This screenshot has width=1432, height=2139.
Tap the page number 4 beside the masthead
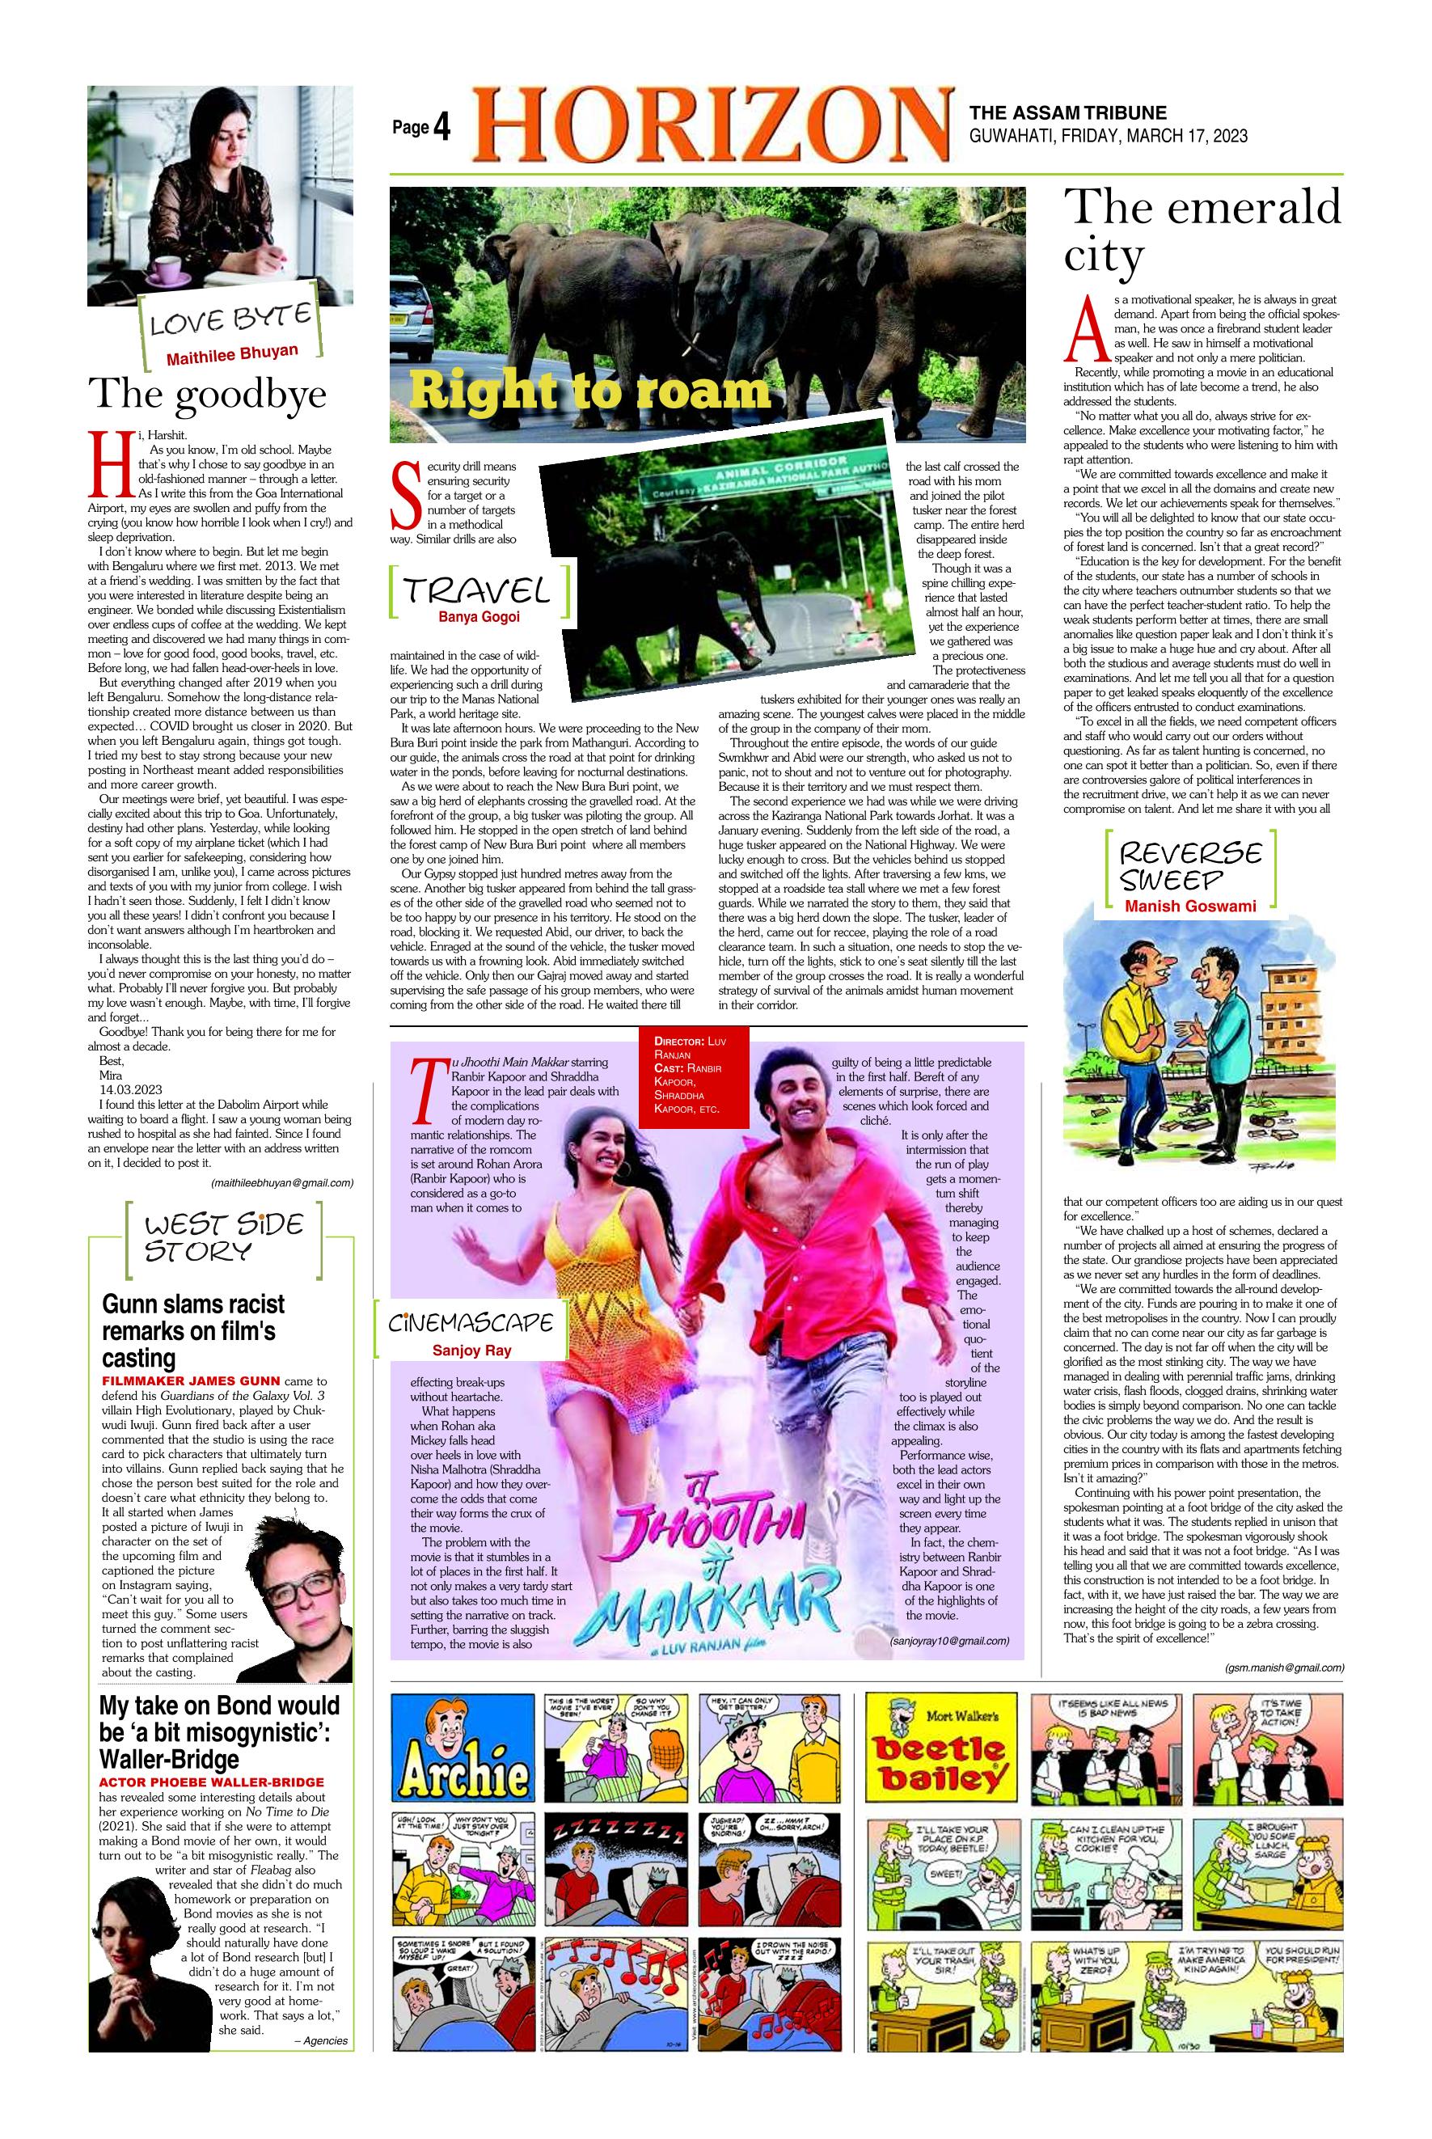pos(442,129)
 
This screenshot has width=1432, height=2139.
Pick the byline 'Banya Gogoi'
pos(479,616)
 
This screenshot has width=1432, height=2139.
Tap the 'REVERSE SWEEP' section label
pos(1190,865)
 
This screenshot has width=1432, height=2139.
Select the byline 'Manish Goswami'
pos(1190,906)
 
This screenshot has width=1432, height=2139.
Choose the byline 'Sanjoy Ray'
pos(471,1350)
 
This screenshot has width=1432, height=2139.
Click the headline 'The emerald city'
pos(1201,230)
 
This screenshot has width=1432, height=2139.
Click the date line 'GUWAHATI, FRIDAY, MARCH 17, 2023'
pos(1108,135)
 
